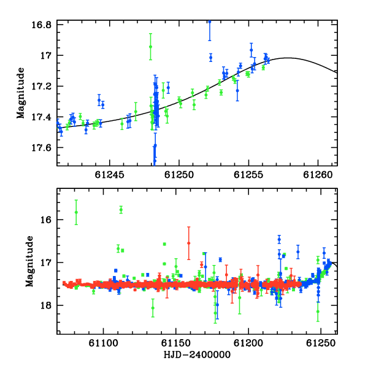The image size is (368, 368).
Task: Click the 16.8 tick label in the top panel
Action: pos(41,25)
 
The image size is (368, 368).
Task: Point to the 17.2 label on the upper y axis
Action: pos(41,86)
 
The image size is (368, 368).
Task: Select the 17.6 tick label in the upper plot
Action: pos(41,148)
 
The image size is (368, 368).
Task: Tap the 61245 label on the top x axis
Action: pos(109,175)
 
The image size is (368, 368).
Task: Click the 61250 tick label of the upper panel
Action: pos(179,175)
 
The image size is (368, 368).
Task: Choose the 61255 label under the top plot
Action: pos(248,175)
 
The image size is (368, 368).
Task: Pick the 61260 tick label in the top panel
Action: pos(318,175)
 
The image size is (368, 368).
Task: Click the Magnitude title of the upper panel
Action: pos(21,93)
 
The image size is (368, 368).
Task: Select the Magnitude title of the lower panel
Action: pos(29,261)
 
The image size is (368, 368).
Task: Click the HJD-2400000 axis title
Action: pos(197,355)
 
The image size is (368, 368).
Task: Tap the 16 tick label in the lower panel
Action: pos(46,220)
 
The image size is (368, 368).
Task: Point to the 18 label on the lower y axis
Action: pos(46,305)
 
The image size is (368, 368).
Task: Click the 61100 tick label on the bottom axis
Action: pos(103,343)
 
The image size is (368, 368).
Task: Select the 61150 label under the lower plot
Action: pos(176,343)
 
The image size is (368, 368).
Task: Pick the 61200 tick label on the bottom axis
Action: pos(248,343)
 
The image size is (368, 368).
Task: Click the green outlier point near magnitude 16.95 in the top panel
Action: pos(150,47)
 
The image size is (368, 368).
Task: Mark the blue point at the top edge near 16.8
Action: pos(210,22)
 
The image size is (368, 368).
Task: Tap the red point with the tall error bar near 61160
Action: pos(189,243)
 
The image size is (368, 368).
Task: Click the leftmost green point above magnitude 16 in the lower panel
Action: pos(76,212)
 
